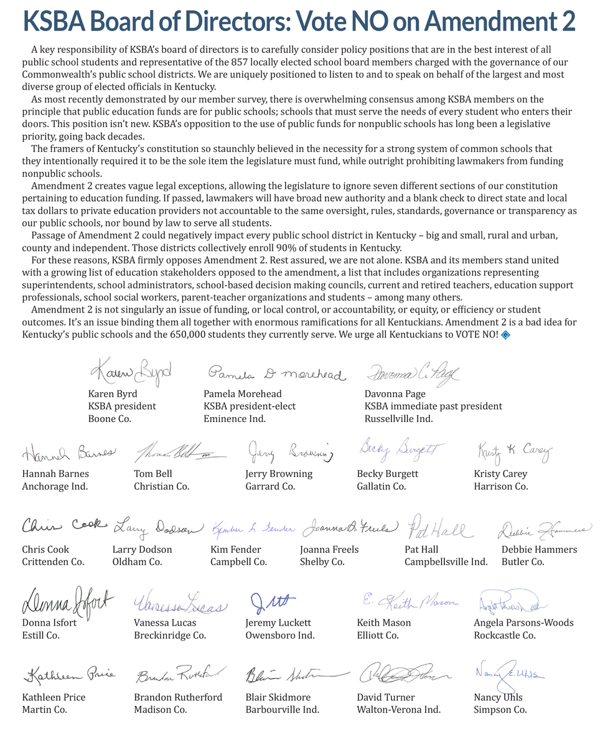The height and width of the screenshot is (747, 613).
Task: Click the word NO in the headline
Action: click(383, 22)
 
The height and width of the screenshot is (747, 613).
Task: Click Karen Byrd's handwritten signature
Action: click(130, 372)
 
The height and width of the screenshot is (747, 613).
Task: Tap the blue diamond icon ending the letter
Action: click(505, 335)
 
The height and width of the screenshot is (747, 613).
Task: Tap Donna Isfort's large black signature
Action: click(68, 601)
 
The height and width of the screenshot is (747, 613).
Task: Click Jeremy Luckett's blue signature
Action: click(272, 603)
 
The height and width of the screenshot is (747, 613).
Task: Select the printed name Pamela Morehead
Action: click(242, 393)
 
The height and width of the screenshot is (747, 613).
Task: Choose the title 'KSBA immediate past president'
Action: click(433, 406)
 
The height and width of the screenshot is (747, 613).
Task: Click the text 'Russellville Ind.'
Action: click(398, 418)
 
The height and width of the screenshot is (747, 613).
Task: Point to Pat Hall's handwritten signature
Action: click(439, 530)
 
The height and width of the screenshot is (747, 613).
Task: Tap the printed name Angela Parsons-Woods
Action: click(523, 622)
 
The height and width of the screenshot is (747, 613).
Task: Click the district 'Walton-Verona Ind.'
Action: click(398, 710)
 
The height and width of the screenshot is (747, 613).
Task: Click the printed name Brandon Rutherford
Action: click(177, 697)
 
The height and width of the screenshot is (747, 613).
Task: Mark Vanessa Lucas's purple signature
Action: click(180, 604)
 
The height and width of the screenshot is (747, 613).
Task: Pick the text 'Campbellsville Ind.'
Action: click(446, 561)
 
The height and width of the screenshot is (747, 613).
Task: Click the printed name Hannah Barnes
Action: click(55, 474)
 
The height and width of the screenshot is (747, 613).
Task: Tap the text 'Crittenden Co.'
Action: click(53, 561)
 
